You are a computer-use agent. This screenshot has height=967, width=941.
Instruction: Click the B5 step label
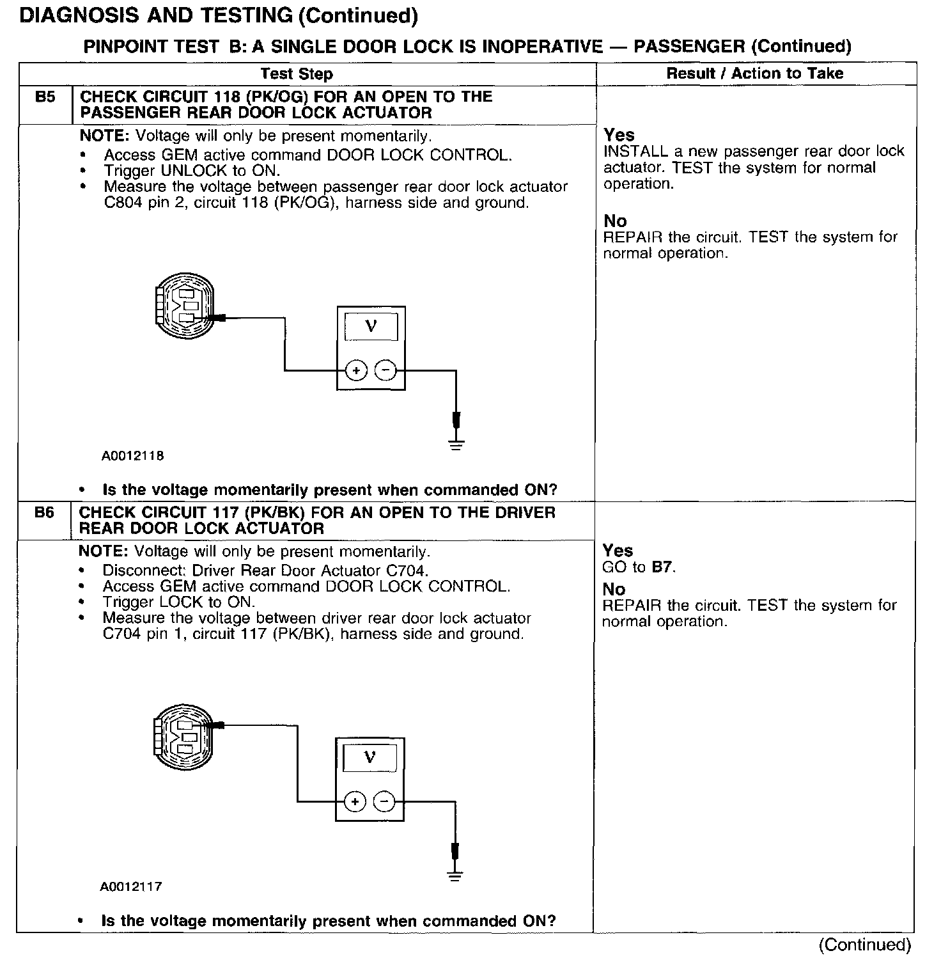tap(45, 98)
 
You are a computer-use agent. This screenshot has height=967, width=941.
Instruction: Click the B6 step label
tap(44, 513)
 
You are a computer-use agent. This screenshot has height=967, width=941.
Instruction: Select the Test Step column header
tap(297, 74)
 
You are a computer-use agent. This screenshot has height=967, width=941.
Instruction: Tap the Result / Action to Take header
tap(754, 74)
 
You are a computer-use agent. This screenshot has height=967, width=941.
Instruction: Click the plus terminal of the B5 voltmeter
tap(356, 370)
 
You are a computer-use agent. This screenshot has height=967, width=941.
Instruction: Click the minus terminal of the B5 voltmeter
tap(385, 370)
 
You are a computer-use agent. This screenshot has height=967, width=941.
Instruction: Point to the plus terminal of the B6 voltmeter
tap(355, 801)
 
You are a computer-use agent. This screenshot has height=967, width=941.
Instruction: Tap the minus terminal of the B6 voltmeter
tap(384, 801)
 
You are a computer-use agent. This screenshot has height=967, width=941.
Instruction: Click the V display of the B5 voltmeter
tap(371, 326)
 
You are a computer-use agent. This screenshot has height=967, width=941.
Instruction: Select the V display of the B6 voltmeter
tap(369, 758)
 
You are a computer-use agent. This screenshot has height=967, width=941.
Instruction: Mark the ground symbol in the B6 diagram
tap(455, 876)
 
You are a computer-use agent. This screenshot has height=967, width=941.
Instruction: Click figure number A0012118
tap(132, 456)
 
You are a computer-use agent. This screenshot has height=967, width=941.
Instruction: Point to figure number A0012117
tap(131, 887)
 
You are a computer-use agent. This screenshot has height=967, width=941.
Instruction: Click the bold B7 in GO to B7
tap(662, 567)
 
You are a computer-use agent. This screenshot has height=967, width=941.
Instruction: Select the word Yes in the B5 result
tap(619, 135)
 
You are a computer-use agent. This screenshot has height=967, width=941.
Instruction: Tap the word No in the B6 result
tap(614, 589)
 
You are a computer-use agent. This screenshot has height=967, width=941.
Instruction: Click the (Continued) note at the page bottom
tap(864, 945)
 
